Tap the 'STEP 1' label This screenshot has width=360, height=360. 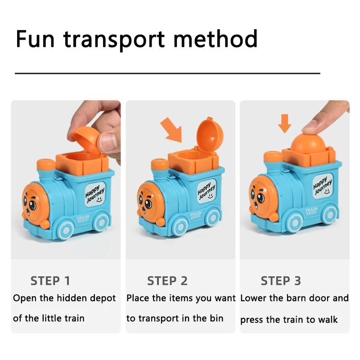(x=50, y=281)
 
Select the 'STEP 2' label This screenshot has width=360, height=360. (x=167, y=281)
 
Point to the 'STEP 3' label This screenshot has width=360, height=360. (x=281, y=281)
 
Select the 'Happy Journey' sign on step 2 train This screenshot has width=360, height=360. (x=207, y=188)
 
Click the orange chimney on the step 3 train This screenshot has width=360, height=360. (x=273, y=157)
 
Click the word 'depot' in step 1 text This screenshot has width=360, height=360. (x=103, y=298)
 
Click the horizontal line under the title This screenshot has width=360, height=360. (x=167, y=72)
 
